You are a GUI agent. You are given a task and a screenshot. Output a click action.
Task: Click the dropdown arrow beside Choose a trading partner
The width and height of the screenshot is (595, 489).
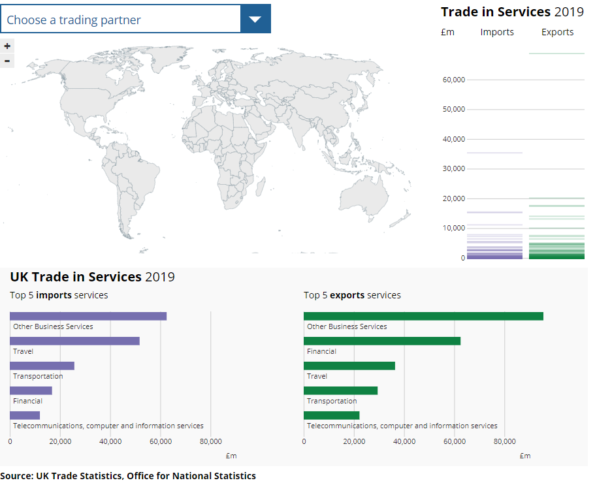pos(255,19)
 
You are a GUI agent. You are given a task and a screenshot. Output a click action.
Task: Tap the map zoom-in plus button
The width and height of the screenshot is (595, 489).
pos(7,46)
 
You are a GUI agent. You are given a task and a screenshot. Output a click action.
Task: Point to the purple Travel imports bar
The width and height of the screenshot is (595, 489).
pos(74,341)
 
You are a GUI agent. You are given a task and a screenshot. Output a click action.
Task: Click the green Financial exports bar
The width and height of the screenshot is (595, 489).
pos(382,341)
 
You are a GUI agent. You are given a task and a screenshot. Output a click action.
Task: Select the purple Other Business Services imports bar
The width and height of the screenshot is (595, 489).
pos(88,316)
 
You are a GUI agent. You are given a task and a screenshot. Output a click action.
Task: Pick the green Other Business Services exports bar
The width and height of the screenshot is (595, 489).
pos(423,316)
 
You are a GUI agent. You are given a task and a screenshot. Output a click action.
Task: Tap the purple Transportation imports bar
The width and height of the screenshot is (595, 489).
pos(42,366)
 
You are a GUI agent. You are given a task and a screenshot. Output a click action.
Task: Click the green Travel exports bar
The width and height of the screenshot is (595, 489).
pos(349,366)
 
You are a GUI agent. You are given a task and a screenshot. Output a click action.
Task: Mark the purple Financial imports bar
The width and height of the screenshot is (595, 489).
pos(31,390)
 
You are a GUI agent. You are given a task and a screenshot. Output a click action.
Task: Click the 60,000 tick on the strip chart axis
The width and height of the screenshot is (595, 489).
pos(453,80)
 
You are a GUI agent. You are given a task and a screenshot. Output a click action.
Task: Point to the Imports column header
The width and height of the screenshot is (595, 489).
pos(497,32)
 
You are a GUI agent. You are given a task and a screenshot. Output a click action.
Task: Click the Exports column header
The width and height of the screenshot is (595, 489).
pos(557,32)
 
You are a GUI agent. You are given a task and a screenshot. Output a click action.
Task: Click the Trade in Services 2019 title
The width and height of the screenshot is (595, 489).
pos(512,12)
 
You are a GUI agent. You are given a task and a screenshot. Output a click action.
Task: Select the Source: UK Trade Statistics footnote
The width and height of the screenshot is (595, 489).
pos(128,475)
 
